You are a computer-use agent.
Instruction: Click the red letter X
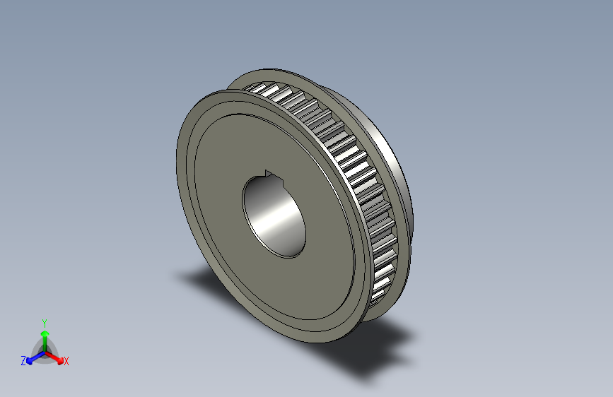coord(66,362)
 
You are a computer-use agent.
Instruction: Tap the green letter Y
coord(44,321)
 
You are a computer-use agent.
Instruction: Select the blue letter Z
coord(23,360)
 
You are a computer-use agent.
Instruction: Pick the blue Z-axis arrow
coord(33,357)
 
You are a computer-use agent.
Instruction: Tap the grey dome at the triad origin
coord(44,348)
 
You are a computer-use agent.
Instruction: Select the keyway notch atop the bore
coord(268,172)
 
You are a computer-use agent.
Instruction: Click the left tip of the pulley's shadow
coord(181,274)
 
